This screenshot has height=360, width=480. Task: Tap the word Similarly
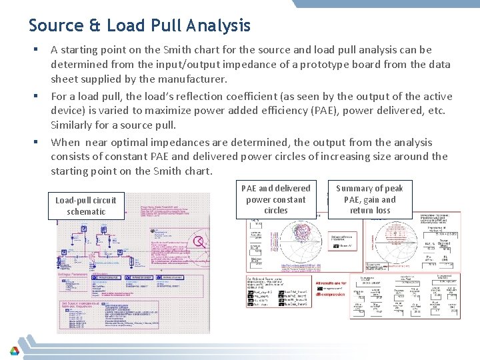(73, 125)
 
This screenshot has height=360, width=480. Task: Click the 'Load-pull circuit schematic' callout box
(85, 205)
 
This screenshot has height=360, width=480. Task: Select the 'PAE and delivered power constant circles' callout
(275, 199)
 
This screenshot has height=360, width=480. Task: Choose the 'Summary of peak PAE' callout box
(369, 199)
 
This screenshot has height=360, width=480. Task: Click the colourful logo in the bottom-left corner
(14, 351)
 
